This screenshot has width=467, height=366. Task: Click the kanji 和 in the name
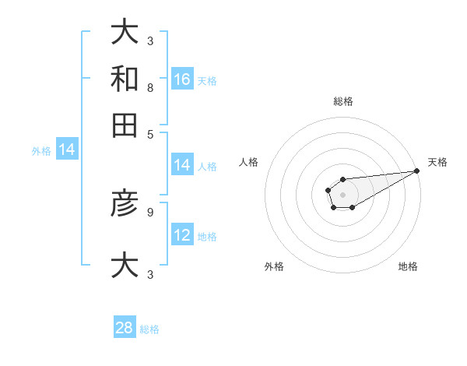click(125, 79)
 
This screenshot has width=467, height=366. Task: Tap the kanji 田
click(125, 124)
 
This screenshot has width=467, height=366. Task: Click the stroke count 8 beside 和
click(149, 89)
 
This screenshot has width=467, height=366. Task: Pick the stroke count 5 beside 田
click(149, 134)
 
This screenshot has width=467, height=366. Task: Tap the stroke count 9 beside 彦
click(149, 211)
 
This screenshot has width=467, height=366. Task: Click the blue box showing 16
click(182, 79)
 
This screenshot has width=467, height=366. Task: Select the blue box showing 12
click(182, 235)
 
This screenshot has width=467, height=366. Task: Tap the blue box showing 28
click(125, 328)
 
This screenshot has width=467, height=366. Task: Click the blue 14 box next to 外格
click(67, 150)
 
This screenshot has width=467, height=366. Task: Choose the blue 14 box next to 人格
click(182, 165)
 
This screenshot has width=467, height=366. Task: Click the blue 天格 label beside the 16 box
click(207, 80)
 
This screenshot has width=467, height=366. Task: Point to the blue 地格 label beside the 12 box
click(207, 237)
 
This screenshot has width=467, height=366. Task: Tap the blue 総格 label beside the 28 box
click(149, 329)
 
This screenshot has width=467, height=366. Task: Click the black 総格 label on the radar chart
click(342, 101)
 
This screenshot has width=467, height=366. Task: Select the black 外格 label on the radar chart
click(274, 266)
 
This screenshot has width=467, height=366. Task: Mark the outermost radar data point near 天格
click(416, 171)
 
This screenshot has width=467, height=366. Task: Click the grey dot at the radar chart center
click(342, 194)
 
